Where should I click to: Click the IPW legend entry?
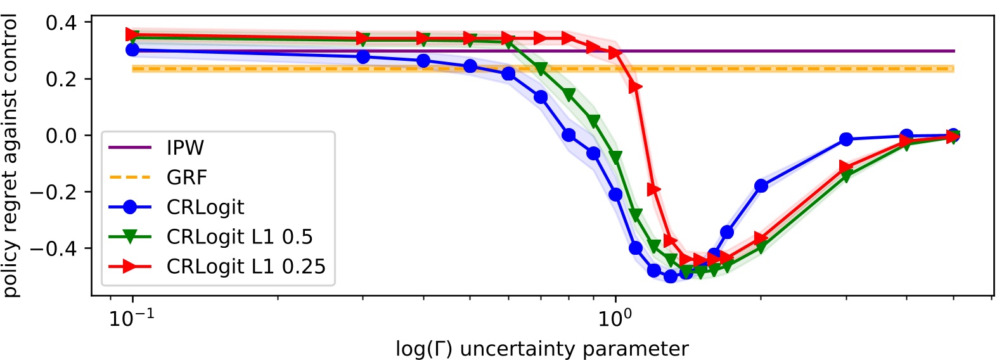click(185, 148)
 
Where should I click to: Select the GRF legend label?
click(187, 177)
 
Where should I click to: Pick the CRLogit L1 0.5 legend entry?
click(240, 236)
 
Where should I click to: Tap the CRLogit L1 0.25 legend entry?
click(246, 266)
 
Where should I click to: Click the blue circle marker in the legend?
click(130, 207)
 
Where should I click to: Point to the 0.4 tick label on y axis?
click(61, 23)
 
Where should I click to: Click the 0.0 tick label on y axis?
click(61, 136)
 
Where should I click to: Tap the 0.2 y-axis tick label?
click(61, 79)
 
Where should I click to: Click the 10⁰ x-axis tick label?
click(615, 318)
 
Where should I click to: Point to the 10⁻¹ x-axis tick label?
click(132, 318)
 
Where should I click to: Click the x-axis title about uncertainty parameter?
click(542, 349)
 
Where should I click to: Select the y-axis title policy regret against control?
click(11, 157)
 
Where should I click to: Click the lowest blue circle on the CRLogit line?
click(671, 276)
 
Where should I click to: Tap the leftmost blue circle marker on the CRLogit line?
click(132, 49)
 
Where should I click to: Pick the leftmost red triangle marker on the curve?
click(132, 34)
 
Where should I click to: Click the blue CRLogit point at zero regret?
click(569, 135)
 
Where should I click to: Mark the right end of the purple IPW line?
click(954, 51)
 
